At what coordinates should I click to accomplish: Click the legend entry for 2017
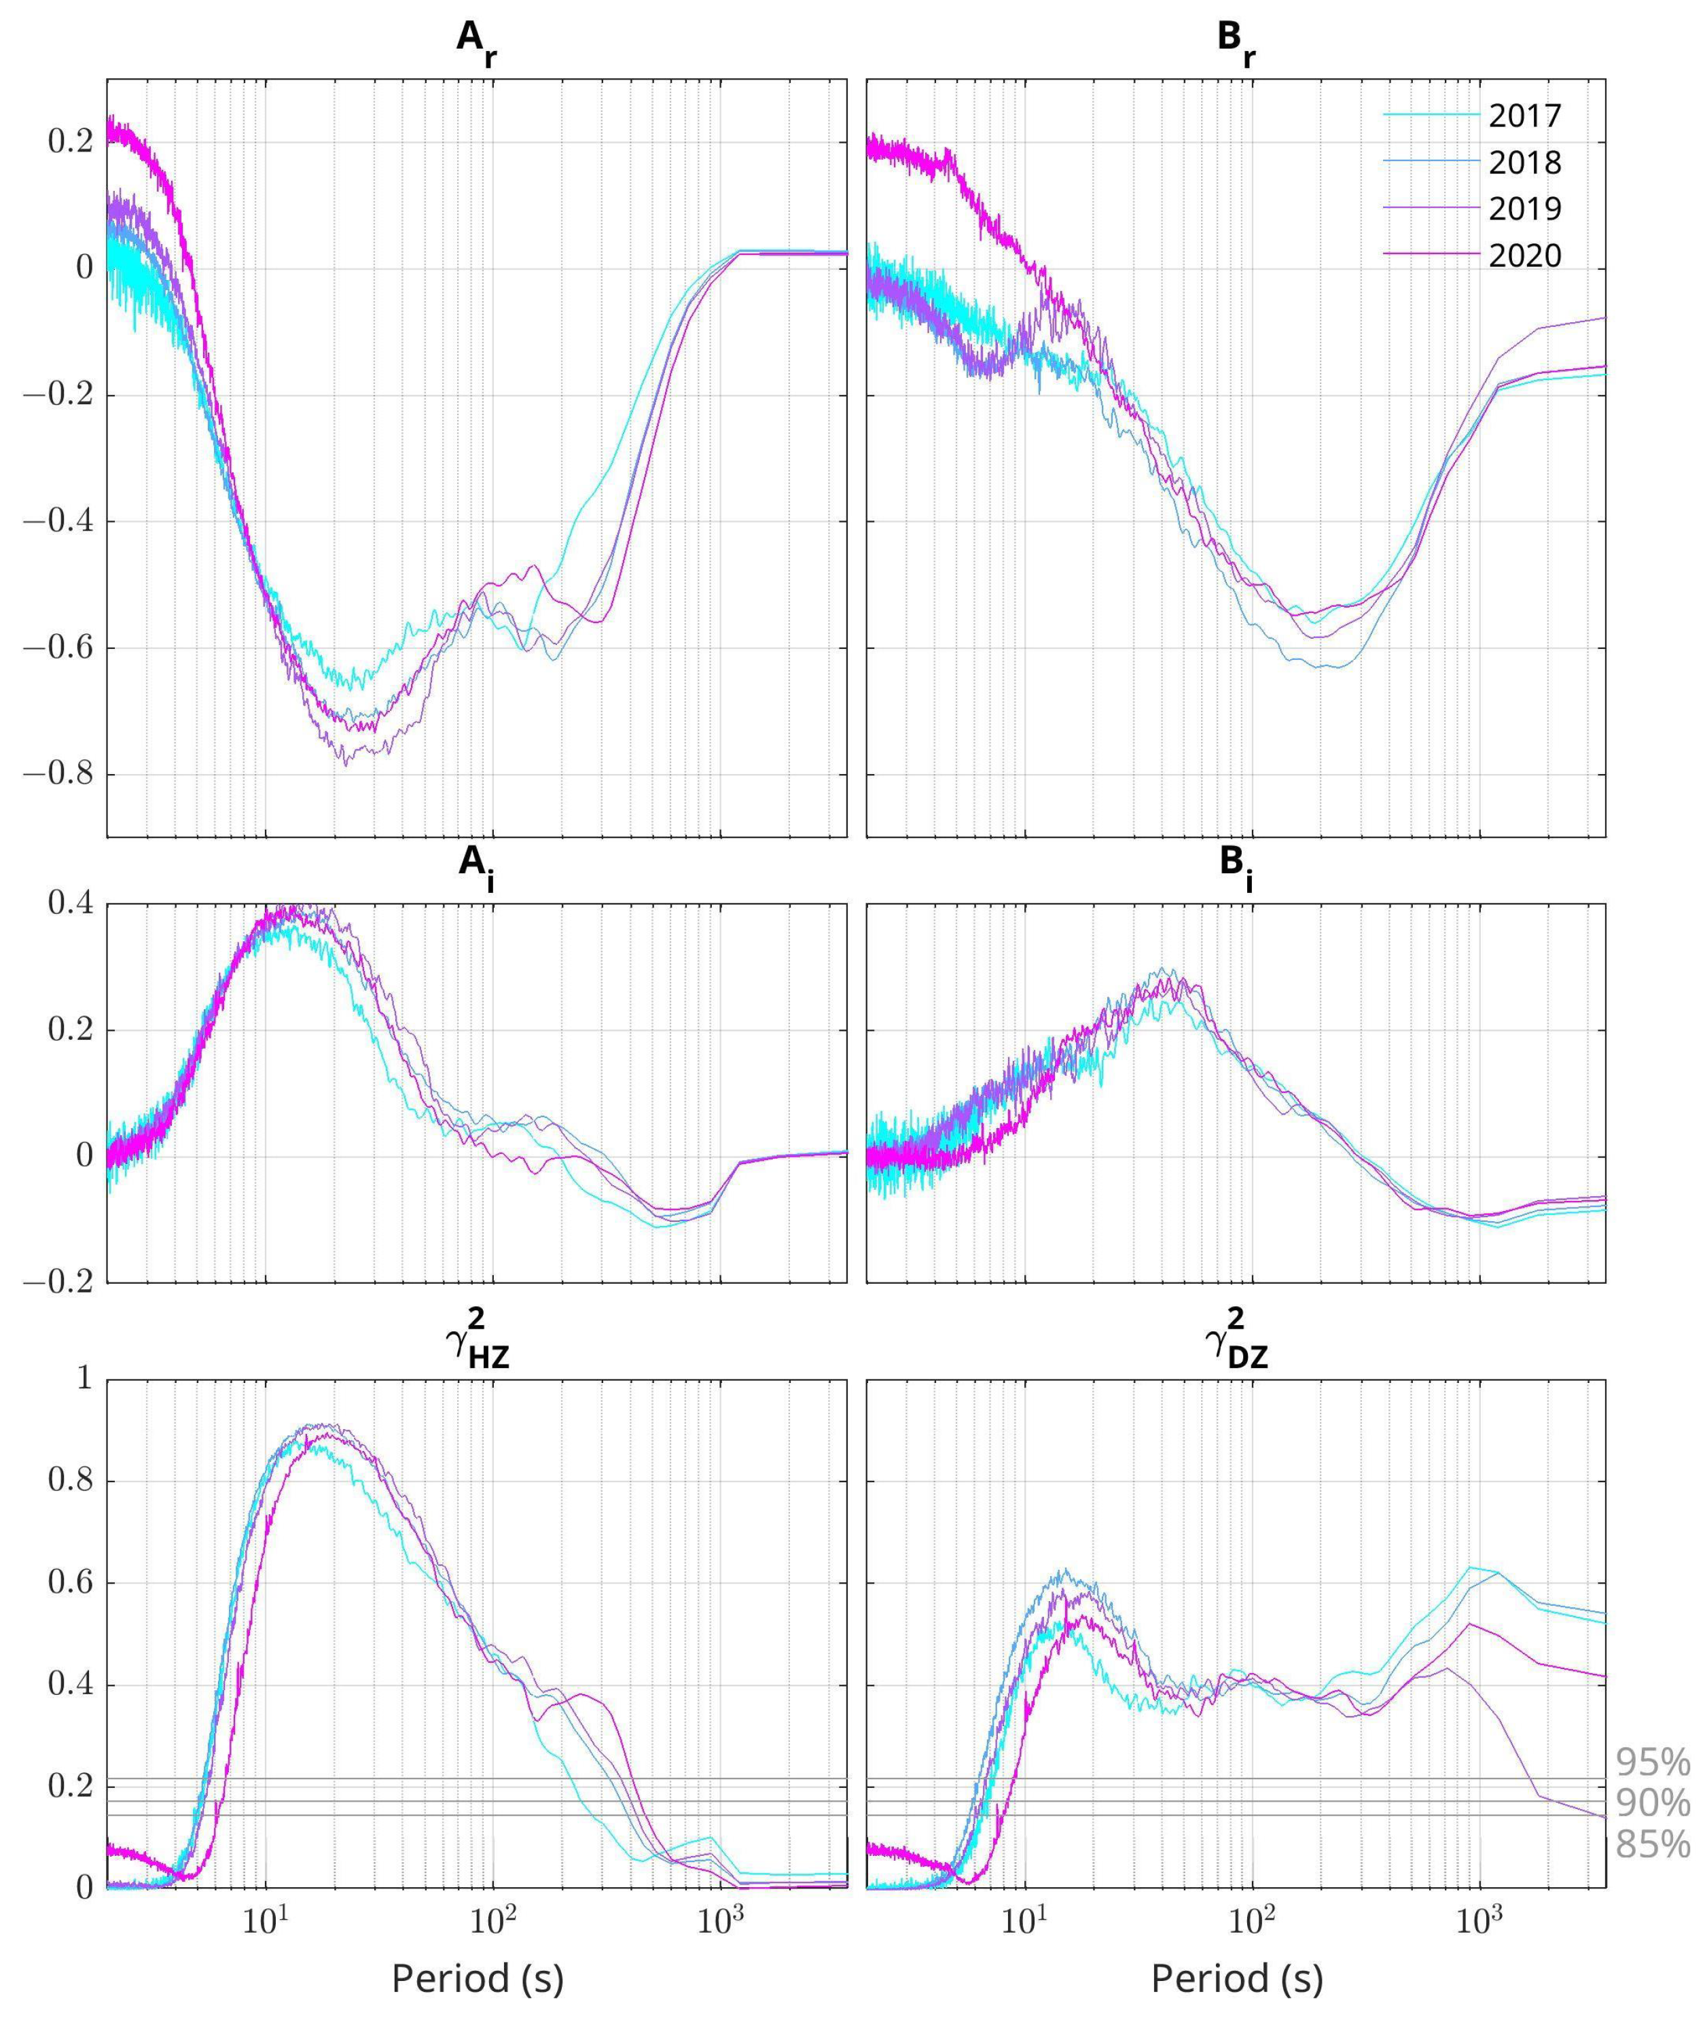point(1524,116)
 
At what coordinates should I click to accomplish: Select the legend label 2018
point(1524,162)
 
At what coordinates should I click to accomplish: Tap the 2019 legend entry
point(1524,209)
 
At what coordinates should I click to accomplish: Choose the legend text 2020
point(1524,256)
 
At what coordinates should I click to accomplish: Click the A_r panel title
point(476,43)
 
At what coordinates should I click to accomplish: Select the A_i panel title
point(476,864)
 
